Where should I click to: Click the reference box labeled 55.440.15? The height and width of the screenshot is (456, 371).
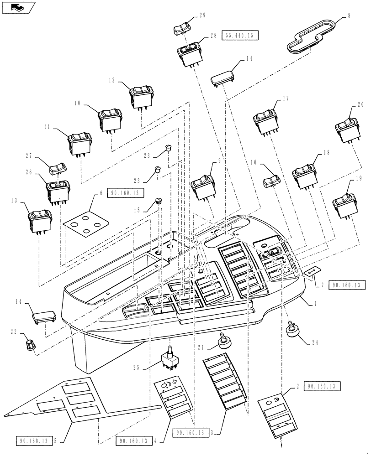(x=240, y=36)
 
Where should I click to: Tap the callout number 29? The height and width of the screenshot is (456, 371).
(x=201, y=15)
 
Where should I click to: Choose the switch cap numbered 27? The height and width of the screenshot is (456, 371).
(x=58, y=168)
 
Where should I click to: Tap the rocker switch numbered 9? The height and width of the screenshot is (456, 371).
(x=201, y=187)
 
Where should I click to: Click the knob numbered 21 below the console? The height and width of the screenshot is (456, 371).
(x=223, y=341)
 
